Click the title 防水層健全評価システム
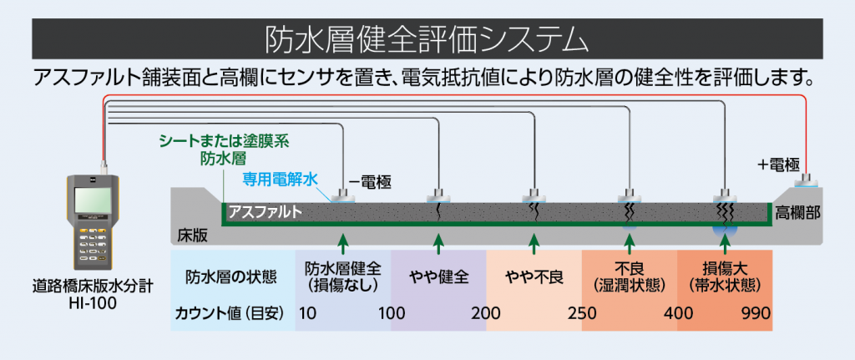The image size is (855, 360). (427, 39)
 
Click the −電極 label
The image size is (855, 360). (369, 179)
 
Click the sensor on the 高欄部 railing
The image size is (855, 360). (807, 179)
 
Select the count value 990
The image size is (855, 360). (754, 314)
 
